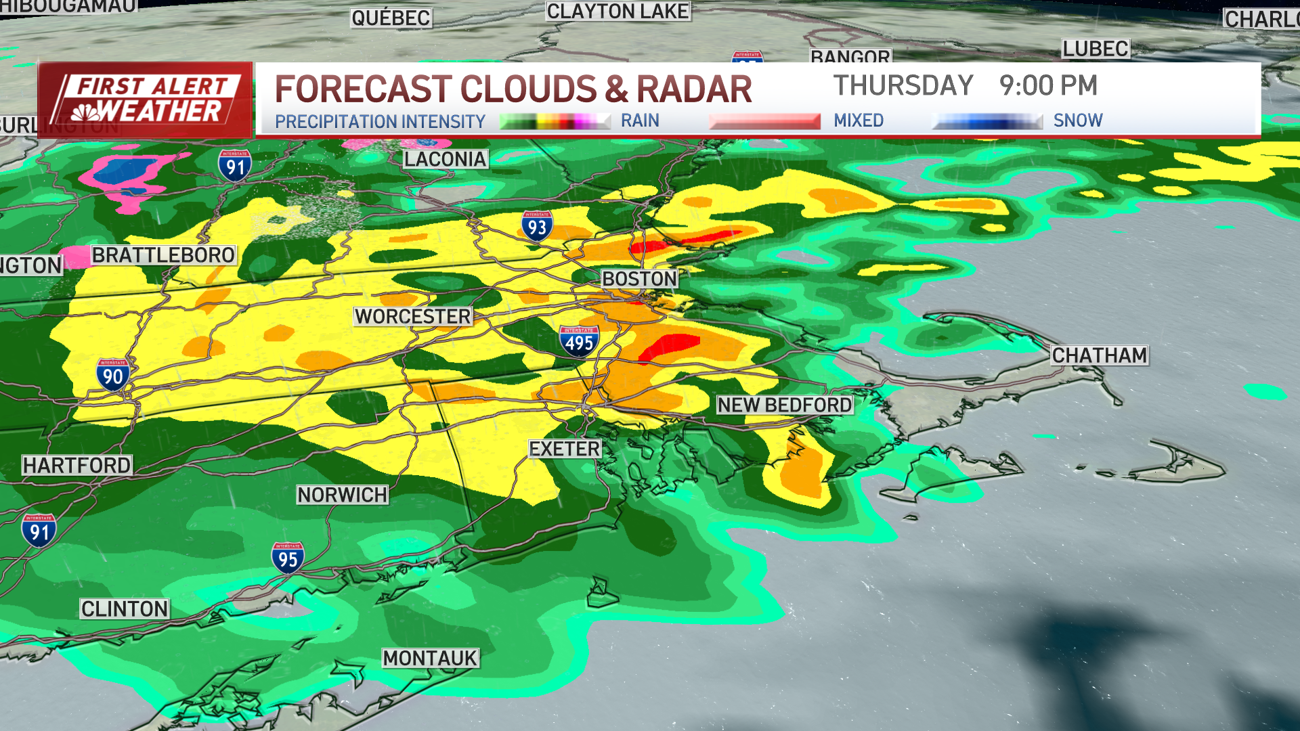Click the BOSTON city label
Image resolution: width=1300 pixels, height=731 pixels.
click(639, 279)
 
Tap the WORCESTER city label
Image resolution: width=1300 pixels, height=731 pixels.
click(412, 316)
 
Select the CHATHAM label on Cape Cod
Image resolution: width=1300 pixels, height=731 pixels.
click(1099, 355)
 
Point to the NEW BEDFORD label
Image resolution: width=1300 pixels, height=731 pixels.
click(785, 405)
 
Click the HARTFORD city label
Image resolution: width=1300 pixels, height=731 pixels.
click(77, 465)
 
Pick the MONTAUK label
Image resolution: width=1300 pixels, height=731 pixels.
click(430, 658)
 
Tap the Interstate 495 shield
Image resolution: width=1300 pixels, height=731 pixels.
click(579, 341)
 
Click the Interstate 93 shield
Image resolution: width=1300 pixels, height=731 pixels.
click(537, 225)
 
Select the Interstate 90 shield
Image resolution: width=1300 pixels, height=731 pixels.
click(112, 375)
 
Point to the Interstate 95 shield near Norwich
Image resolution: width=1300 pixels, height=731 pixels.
click(288, 558)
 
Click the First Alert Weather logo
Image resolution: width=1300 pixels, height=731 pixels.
click(146, 100)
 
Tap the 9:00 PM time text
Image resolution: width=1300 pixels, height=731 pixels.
click(1048, 86)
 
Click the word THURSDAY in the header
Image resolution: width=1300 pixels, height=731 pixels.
click(903, 86)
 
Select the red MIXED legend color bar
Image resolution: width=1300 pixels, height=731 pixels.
click(764, 121)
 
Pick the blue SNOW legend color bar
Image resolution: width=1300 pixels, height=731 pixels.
click(987, 121)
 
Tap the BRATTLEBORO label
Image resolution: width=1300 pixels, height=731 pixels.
click(163, 255)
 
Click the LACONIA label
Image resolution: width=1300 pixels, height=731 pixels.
click(445, 159)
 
